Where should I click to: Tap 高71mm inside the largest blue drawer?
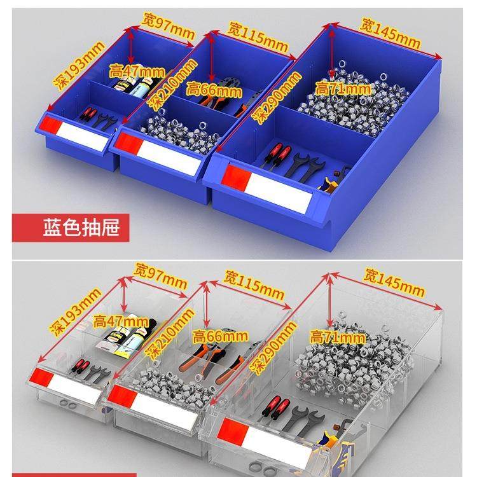coord(343,89)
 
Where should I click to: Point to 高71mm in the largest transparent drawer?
coord(338,336)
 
